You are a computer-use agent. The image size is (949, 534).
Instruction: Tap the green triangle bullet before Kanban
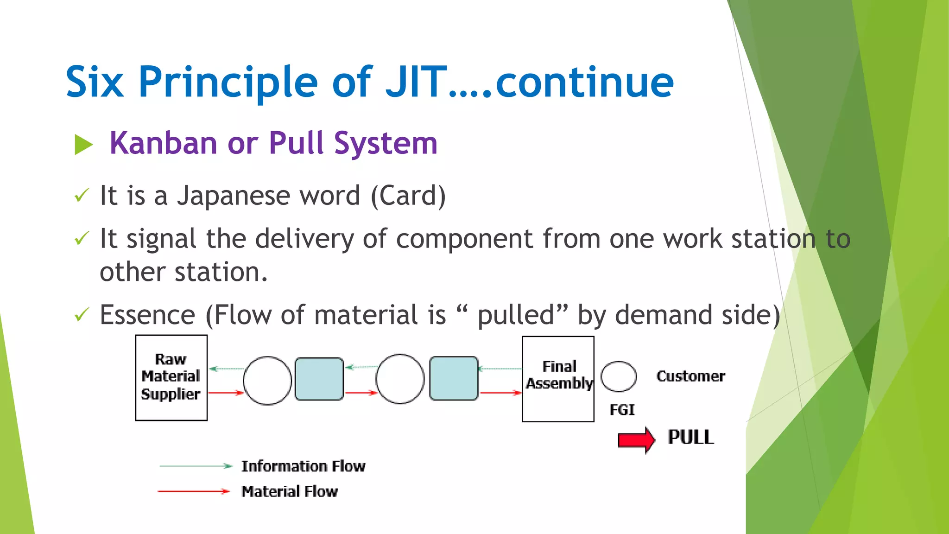coord(83,145)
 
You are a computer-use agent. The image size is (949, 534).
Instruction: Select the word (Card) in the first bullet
coord(408,195)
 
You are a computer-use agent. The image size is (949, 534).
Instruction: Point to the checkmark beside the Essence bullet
coord(81,315)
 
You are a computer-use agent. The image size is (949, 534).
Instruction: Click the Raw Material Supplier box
coord(171,377)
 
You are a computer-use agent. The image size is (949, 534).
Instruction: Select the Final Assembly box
coord(558,379)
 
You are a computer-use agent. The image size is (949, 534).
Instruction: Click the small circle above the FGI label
coord(618,376)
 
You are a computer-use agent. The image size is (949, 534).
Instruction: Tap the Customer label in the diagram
coord(690,376)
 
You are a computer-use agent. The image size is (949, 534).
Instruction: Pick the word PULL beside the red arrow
coord(690,437)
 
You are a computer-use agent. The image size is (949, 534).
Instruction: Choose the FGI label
coord(622,410)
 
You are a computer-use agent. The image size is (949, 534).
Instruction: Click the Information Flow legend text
coord(303,466)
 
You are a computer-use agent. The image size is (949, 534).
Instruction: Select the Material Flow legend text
coord(290,491)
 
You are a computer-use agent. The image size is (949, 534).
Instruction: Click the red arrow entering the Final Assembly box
coord(500,393)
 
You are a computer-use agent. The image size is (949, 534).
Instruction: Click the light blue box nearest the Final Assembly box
coord(454,378)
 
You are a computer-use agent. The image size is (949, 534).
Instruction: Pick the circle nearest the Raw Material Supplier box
coord(267,381)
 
